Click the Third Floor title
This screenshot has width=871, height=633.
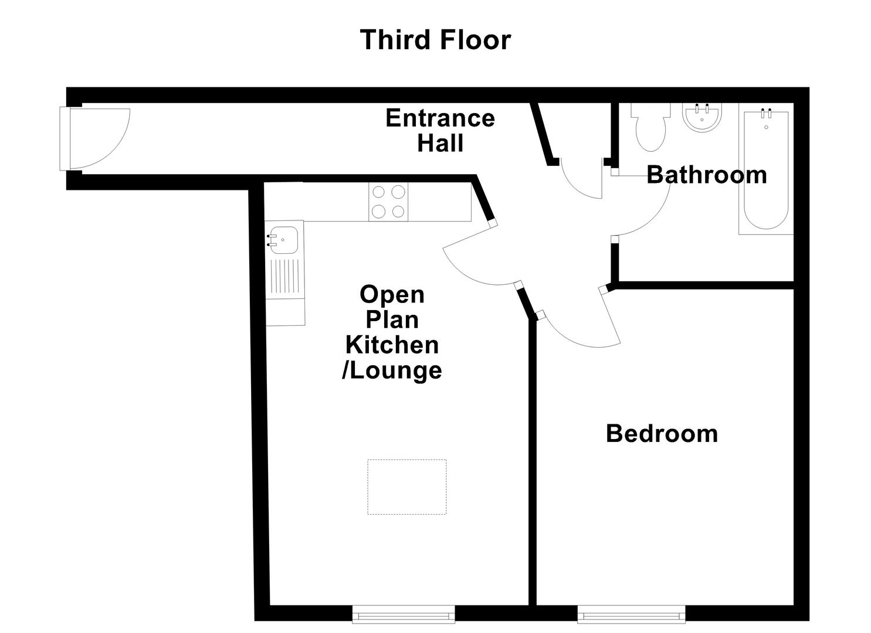tap(435, 40)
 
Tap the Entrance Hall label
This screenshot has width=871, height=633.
tap(440, 131)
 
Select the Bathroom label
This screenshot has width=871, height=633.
tap(706, 175)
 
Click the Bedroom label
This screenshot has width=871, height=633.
tap(662, 434)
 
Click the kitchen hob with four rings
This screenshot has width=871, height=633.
tap(388, 202)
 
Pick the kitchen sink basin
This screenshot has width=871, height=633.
tap(284, 240)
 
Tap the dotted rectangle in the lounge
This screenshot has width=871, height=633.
tap(406, 487)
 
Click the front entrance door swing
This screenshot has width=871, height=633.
tap(100, 138)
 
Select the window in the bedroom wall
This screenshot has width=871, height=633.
tap(631, 613)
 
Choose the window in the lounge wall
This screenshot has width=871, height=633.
tap(404, 613)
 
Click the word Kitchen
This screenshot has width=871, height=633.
tap(392, 345)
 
